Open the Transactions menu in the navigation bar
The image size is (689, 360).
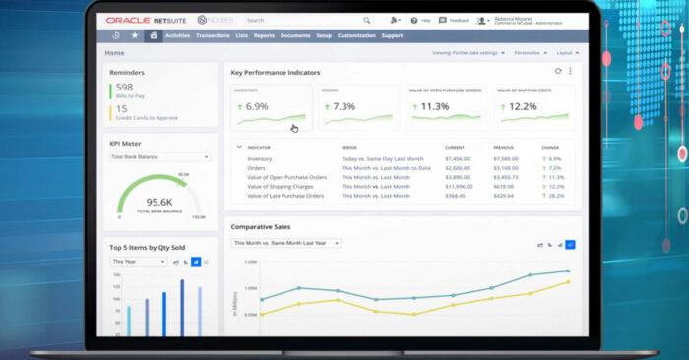point(212,35)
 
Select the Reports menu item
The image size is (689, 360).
point(264,35)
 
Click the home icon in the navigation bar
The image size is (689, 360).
point(153,35)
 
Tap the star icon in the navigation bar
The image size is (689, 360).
point(134,35)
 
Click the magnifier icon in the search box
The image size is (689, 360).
point(366,20)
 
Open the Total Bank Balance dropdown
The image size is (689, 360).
point(159,157)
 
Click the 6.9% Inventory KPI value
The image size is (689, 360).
point(257,106)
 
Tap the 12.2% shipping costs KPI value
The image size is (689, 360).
point(525,106)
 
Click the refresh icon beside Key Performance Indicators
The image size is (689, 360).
point(558,72)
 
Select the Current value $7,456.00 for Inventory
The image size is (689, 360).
point(458,158)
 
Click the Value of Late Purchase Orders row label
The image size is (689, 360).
point(285,195)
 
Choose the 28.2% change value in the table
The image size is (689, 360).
point(556,195)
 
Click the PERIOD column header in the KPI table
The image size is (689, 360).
point(350,147)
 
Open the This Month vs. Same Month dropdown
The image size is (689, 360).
point(285,242)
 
